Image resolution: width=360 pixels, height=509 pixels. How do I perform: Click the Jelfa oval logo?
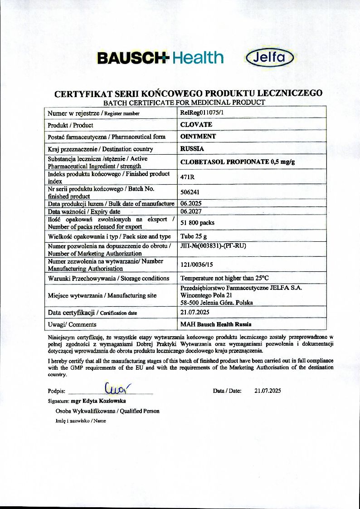tap(270, 58)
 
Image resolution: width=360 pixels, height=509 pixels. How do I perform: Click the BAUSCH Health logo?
tap(160, 58)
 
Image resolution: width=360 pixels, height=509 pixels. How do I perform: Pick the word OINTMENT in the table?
tap(198, 136)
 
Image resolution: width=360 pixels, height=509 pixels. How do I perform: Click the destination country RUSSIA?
tap(192, 148)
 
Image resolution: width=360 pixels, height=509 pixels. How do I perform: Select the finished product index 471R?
tap(188, 177)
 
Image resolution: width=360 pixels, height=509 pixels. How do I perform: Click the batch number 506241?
tap(190, 192)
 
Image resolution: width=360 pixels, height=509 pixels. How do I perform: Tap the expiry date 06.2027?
tap(191, 211)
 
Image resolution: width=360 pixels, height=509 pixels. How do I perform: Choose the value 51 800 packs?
tap(198, 223)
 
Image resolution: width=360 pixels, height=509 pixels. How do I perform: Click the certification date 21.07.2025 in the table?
tap(195, 312)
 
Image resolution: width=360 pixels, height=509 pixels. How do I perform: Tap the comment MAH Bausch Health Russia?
tap(216, 324)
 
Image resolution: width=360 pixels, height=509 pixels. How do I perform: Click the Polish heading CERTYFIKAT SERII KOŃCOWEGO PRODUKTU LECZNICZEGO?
tap(189, 93)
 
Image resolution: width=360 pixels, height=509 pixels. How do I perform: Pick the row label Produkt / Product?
tap(70, 125)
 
